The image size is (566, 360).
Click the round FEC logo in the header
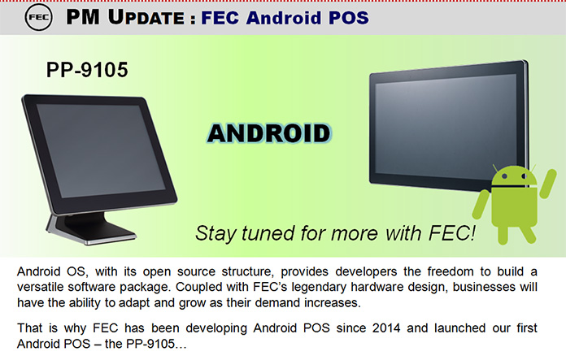pyautogui.click(x=38, y=17)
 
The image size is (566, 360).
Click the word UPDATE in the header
pyautogui.click(x=146, y=17)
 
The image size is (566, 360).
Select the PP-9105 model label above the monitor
pyautogui.click(x=87, y=70)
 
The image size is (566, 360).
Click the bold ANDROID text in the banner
pyautogui.click(x=269, y=133)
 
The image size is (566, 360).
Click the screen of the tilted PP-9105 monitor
pyautogui.click(x=101, y=150)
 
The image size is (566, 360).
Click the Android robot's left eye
pyautogui.click(x=505, y=176)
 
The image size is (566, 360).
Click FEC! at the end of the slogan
pyautogui.click(x=452, y=232)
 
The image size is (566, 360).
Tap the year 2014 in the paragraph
pyautogui.click(x=386, y=327)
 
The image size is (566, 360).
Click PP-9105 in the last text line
pyautogui.click(x=150, y=344)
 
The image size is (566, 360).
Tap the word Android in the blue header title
pyautogui.click(x=284, y=18)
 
